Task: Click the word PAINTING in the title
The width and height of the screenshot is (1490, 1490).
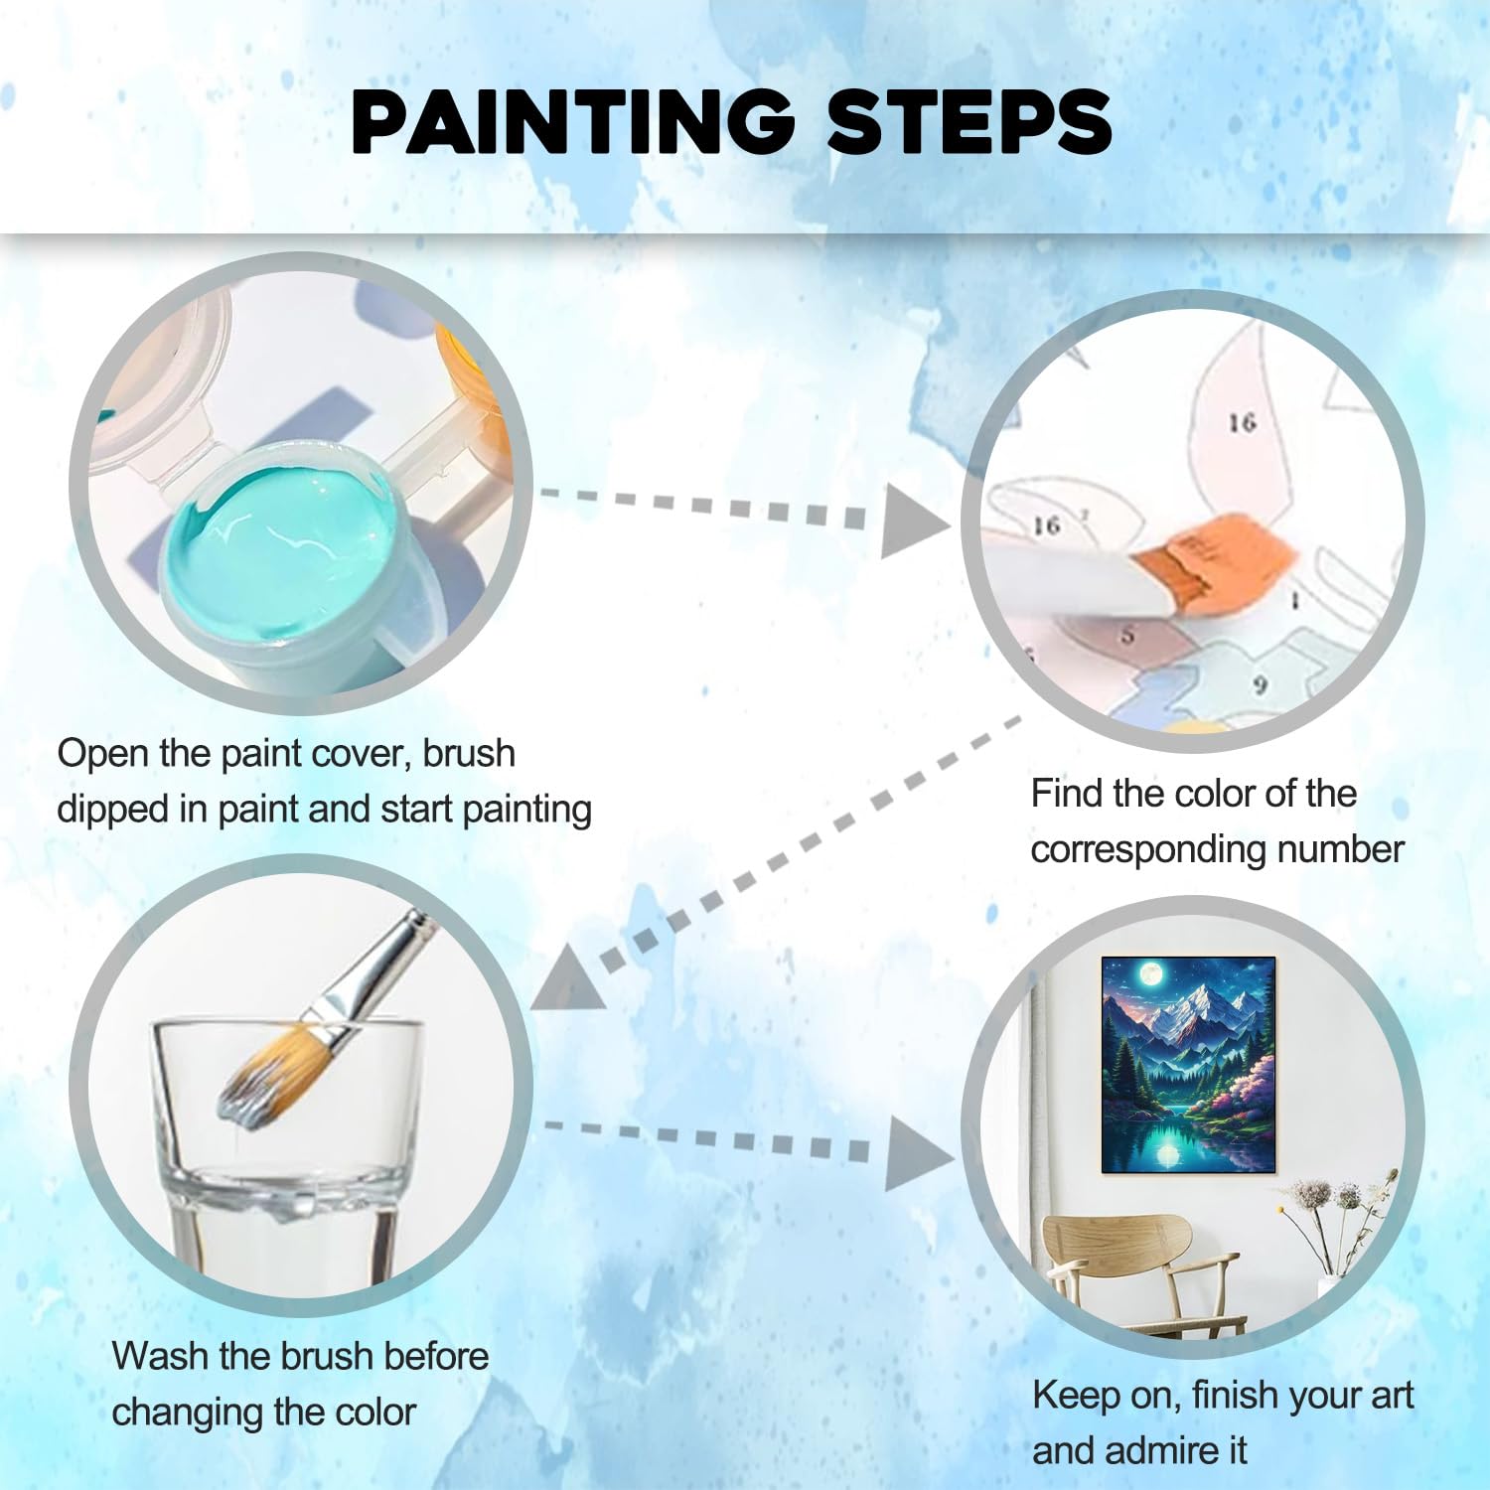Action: pos(573,121)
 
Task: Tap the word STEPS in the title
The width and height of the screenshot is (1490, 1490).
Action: pos(968,121)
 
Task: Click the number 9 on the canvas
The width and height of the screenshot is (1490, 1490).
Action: pos(1261,684)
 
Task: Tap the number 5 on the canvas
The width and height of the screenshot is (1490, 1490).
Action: pos(1126,635)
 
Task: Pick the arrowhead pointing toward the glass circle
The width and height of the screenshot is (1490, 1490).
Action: pos(568,978)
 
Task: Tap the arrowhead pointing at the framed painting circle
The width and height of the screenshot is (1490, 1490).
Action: pos(919,1152)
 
